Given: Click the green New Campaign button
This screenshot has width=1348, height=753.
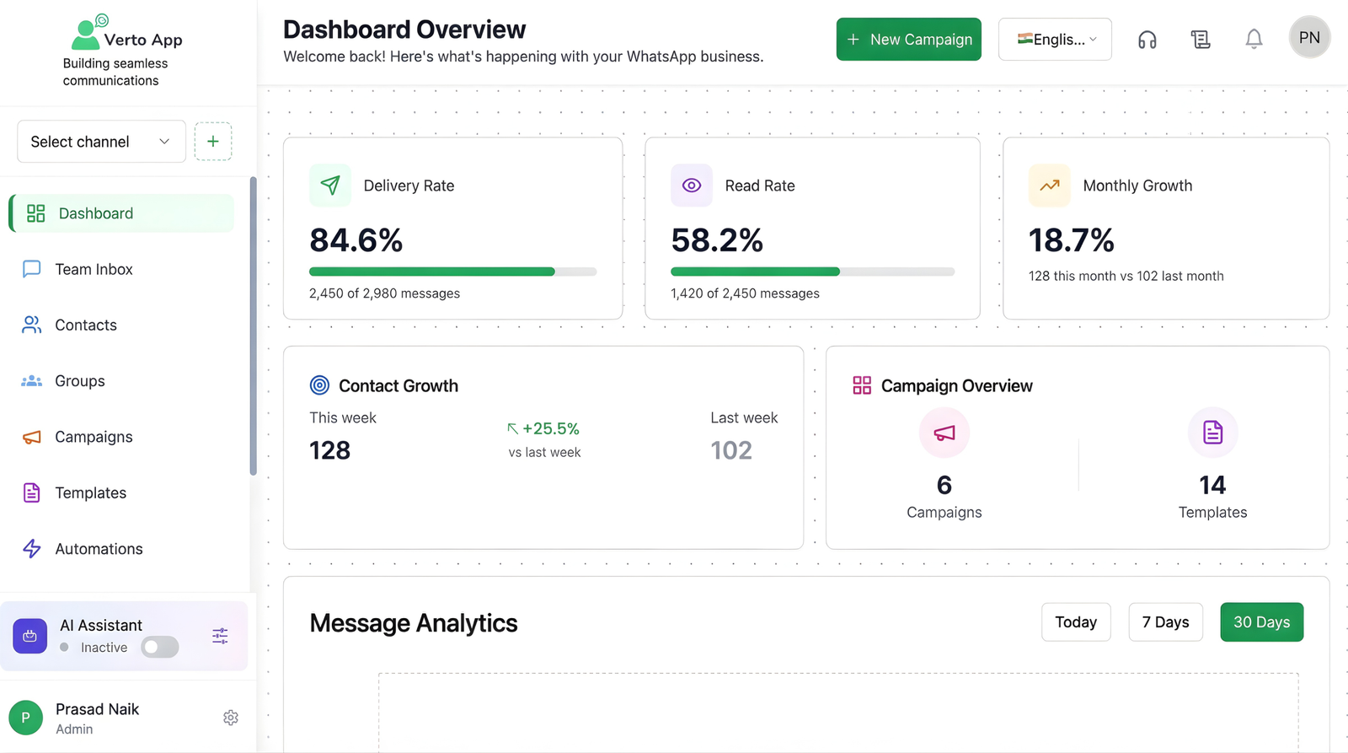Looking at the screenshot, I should (908, 40).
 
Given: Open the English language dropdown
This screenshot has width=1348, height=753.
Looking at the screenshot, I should (1055, 40).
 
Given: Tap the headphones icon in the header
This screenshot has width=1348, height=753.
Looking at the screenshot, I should (1147, 40).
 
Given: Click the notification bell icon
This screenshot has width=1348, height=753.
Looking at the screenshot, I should (1254, 40).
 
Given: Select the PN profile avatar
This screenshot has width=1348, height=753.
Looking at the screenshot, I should (1309, 38).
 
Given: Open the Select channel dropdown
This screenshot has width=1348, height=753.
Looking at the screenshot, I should (101, 142).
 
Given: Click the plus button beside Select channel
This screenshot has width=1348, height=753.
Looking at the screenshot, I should (213, 142).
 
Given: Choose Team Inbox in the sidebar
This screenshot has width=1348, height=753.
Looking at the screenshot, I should (94, 270).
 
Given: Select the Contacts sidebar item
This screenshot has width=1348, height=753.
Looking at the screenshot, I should (85, 325).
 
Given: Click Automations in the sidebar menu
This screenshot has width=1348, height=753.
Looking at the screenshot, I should (99, 549).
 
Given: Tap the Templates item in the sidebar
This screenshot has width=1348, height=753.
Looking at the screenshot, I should (90, 493).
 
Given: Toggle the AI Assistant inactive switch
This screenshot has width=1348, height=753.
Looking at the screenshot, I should (159, 648).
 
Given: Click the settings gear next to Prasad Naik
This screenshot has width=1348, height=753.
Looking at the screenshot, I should (231, 718).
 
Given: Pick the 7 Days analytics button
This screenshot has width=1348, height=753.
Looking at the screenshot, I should (1165, 622).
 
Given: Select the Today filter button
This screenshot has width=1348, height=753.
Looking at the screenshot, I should (1076, 622).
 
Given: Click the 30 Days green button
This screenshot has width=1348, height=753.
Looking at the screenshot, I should (1261, 622).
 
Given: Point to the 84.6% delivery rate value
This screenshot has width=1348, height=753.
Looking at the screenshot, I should (356, 241).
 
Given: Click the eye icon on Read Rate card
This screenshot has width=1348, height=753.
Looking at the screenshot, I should (692, 186).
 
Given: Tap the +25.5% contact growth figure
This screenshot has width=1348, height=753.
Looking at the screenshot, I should (550, 428).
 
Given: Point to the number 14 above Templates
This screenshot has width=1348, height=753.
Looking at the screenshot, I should (1212, 485).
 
